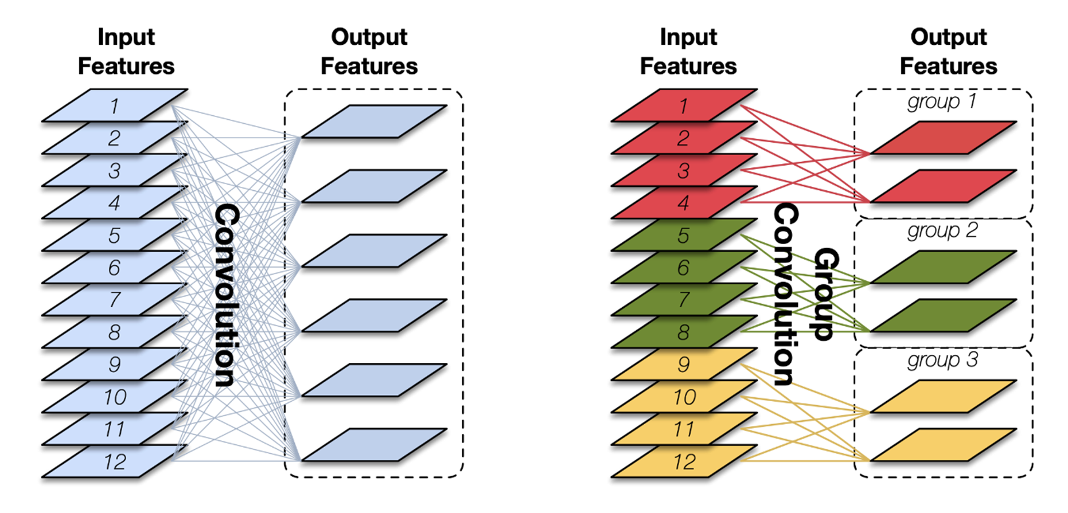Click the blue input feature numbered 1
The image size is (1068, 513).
point(115,105)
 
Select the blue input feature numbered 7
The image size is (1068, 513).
point(115,299)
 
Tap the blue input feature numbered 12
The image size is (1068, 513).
point(115,461)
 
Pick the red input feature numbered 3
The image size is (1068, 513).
point(683,170)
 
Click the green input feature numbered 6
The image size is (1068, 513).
point(683,267)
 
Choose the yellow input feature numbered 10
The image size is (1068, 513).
point(683,397)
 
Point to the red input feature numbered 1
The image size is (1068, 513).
point(683,105)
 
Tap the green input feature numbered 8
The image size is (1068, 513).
point(683,332)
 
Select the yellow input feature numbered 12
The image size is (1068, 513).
point(683,461)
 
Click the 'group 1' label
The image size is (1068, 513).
point(941,102)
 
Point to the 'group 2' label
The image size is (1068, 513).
point(941,231)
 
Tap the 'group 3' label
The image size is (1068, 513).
point(941,361)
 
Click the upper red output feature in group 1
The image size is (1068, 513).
point(944,138)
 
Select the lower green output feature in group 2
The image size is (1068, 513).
point(944,315)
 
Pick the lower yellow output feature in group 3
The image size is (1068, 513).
point(944,445)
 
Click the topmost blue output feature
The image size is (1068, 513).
point(374,122)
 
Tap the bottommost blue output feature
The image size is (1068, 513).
point(374,445)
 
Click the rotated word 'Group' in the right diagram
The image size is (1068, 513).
point(826,294)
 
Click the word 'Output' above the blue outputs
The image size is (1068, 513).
point(369,37)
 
